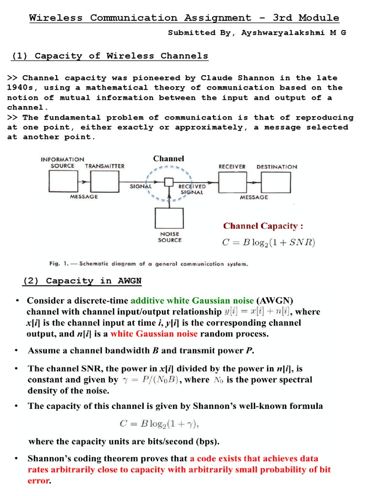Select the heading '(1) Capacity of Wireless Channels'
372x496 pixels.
click(109, 56)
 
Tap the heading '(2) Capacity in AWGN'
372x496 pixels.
click(82, 280)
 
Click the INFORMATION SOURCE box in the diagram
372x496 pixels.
click(62, 183)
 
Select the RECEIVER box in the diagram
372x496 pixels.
click(232, 183)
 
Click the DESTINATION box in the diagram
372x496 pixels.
click(276, 183)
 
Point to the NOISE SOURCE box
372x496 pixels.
click(169, 221)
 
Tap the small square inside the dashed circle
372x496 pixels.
click(169, 182)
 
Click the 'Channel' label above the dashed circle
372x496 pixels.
click(169, 158)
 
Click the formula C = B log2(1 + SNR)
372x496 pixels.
click(268, 243)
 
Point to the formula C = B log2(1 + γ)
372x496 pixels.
click(159, 424)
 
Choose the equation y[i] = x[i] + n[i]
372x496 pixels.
click(257, 311)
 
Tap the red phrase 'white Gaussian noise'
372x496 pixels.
click(154, 334)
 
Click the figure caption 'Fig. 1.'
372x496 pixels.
click(58, 264)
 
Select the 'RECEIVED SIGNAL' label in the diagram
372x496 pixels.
click(192, 189)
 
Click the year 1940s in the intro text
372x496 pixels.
click(22, 88)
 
